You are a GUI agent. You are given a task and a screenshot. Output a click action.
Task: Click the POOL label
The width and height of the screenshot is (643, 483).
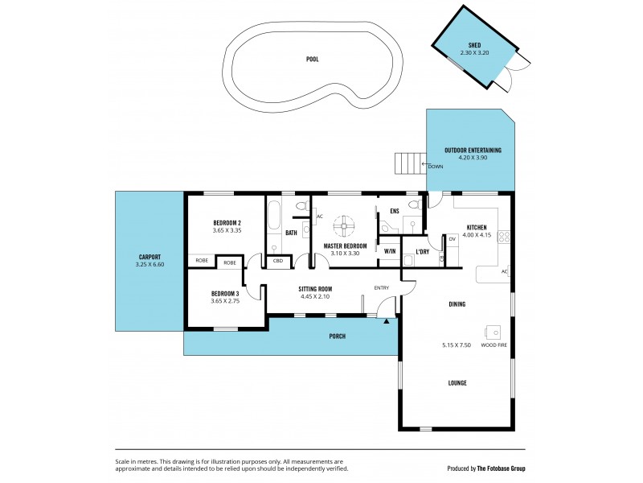point(312,60)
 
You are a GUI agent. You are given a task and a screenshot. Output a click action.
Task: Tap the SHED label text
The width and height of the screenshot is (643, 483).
point(474,45)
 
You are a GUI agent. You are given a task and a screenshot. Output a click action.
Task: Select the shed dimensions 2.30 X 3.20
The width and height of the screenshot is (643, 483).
point(474,53)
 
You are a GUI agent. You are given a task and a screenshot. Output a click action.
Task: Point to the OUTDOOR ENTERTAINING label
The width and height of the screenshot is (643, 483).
point(473,150)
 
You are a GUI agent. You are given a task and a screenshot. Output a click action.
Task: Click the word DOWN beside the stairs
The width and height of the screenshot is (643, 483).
point(436,167)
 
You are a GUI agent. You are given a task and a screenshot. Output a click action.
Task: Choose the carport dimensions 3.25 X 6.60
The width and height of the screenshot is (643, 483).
point(149,265)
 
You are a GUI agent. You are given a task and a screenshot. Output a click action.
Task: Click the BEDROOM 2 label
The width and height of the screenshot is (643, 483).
point(227,222)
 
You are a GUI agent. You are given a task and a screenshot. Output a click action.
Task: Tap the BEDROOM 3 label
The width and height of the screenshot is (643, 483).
point(226,293)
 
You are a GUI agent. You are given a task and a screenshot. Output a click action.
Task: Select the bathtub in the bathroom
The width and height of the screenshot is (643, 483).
point(273,216)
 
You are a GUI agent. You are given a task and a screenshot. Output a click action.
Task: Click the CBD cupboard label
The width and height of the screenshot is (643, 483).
point(278,261)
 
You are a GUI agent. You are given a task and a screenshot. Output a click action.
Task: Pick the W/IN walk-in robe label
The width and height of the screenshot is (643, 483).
point(390,251)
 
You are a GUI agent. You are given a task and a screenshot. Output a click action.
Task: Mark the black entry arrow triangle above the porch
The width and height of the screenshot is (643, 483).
point(387,321)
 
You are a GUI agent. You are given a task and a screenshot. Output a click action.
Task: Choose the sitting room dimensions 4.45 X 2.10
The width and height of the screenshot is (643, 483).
point(315,296)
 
